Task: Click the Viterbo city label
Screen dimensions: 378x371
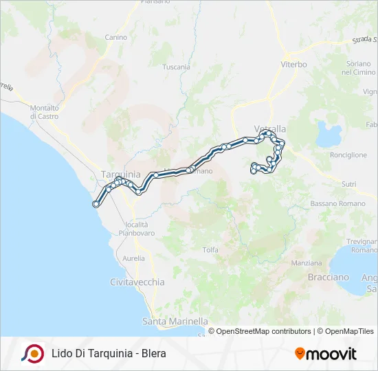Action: (293, 64)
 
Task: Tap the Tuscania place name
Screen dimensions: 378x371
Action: (176, 67)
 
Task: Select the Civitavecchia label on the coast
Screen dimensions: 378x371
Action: (137, 282)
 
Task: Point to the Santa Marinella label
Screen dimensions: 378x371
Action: (175, 321)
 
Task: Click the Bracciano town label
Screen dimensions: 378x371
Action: (328, 277)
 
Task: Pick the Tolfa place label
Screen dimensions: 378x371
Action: (210, 249)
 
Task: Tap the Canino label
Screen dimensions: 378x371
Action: (116, 37)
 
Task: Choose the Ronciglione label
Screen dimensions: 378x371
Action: (348, 155)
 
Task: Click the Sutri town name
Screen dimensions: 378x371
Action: (348, 184)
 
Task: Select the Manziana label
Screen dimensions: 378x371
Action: (307, 263)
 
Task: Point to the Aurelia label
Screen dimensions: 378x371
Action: (133, 258)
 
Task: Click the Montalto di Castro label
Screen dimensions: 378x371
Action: (44, 112)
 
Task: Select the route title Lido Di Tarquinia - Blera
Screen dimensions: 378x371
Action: (109, 354)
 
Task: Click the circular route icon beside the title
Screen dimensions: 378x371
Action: (32, 354)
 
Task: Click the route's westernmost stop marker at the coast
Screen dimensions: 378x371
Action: (96, 203)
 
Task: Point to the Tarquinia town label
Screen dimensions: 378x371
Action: (120, 175)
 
